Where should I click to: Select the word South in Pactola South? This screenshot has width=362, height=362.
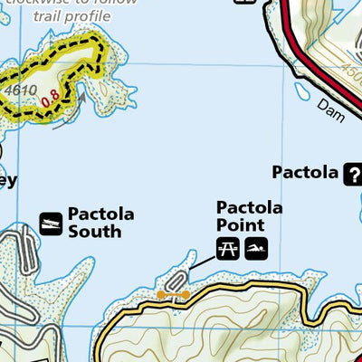coord(94,231)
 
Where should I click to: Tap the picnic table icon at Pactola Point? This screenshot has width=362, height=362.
coord(228,247)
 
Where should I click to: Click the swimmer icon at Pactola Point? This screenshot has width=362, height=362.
coord(257,247)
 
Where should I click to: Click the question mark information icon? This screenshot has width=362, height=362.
coord(351,174)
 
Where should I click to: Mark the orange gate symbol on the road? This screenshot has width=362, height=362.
coord(172,294)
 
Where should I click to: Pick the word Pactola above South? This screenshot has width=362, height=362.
coord(101,214)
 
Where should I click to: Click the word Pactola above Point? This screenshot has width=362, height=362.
coord(249,207)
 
